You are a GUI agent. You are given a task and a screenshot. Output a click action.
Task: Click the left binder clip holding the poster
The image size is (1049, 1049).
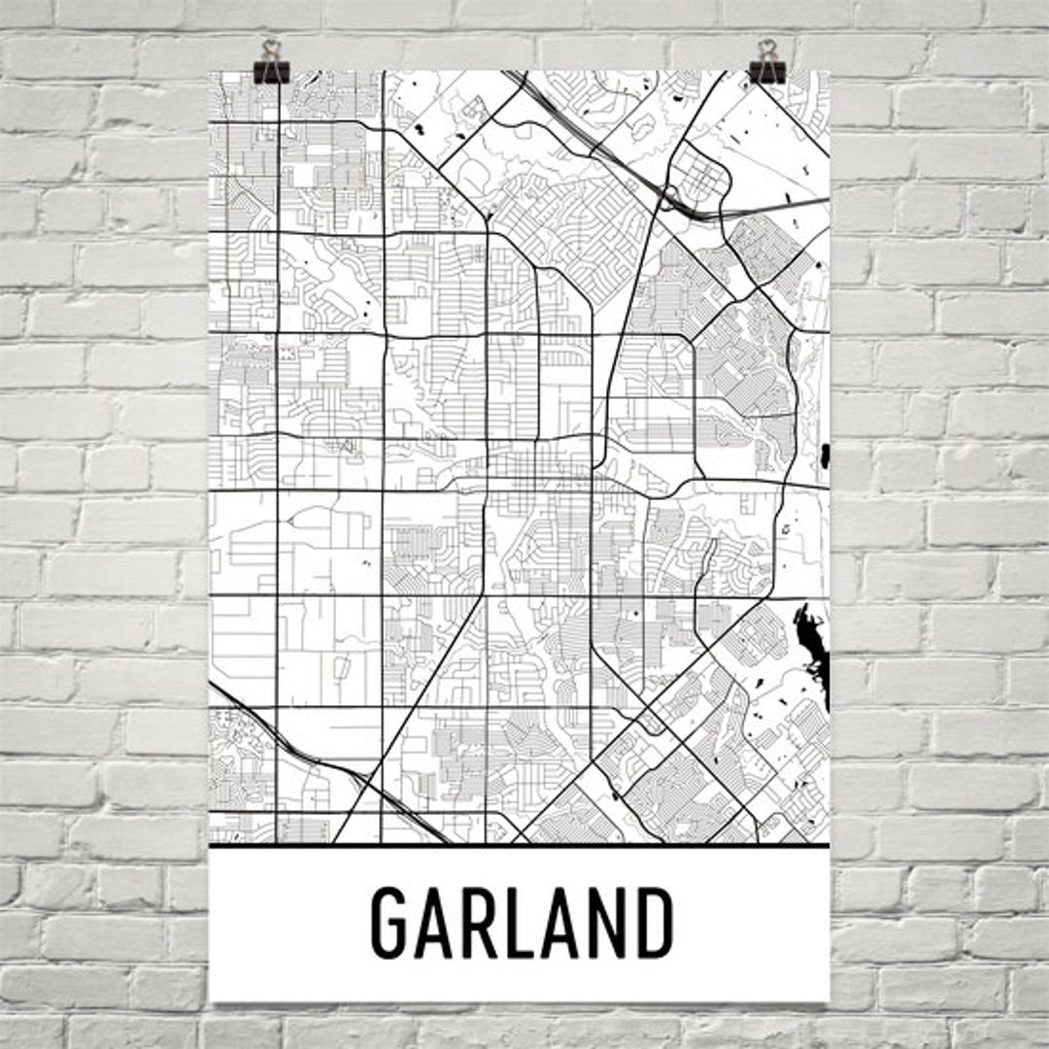[x=270, y=70]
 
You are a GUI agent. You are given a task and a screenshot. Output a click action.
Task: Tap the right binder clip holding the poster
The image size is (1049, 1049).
[x=767, y=70]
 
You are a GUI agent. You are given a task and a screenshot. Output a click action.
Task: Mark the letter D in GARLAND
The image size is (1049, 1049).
[x=653, y=923]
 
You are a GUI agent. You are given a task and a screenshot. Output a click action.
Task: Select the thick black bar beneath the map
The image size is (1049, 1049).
[x=520, y=846]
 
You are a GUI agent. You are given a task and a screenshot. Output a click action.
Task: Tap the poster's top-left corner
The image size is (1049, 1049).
[x=211, y=71]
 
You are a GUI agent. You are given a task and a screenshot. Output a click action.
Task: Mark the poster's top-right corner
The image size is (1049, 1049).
[x=829, y=71]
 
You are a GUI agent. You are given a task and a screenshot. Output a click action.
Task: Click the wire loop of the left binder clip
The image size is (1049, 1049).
[x=270, y=49]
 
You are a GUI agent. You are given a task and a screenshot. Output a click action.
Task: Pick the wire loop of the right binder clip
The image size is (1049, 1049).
[x=767, y=49]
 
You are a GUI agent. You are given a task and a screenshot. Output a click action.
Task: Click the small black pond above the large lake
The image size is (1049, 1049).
[x=825, y=453]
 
